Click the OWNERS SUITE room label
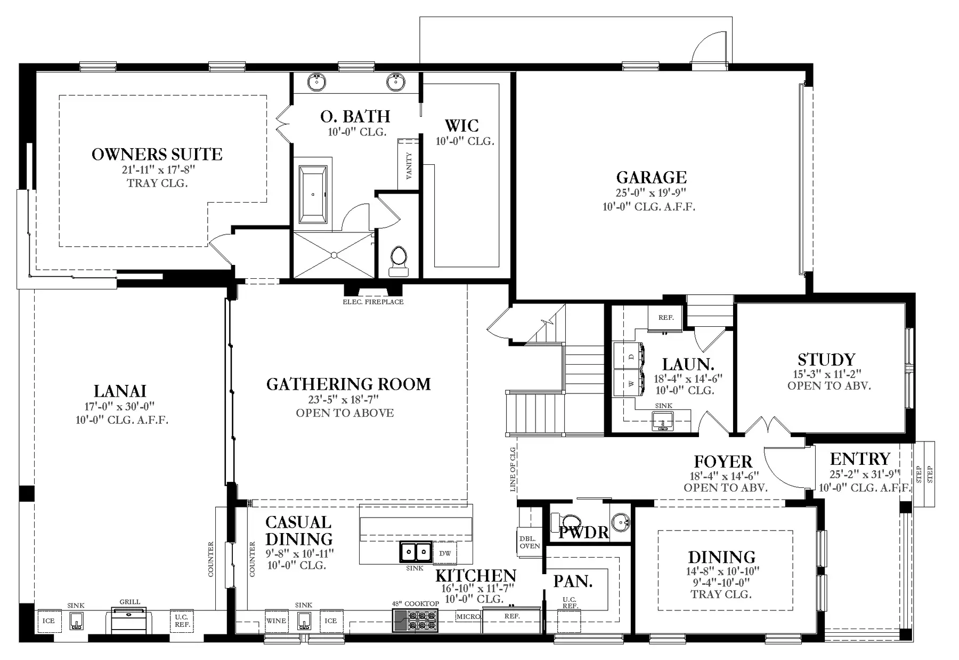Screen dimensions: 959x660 (157, 155)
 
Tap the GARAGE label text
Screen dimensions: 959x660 (651, 177)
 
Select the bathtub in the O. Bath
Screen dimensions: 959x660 (313, 194)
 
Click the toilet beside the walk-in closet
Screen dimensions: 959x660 (398, 261)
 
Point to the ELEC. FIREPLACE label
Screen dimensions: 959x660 (373, 302)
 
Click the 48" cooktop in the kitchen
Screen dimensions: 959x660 (416, 620)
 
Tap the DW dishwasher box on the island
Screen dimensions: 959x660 (445, 553)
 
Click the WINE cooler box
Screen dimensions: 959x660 (276, 621)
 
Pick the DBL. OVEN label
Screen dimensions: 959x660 (530, 542)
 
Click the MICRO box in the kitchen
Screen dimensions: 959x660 (468, 616)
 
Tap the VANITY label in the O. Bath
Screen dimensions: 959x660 (409, 165)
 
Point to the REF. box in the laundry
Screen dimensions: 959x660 (665, 318)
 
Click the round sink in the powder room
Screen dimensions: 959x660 (619, 522)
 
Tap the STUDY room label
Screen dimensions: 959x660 (826, 359)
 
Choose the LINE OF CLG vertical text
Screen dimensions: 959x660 (513, 469)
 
